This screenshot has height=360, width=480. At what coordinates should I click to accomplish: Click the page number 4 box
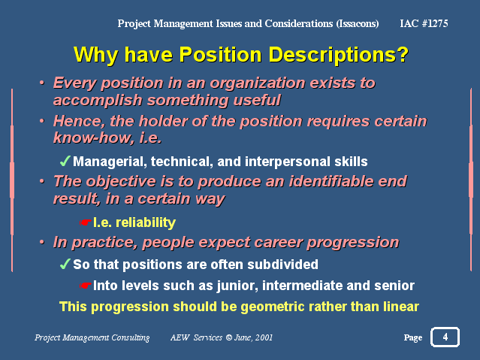point(445,337)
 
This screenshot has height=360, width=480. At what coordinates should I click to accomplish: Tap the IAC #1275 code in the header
point(424,23)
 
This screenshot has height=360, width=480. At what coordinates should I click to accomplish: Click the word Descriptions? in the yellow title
point(339,55)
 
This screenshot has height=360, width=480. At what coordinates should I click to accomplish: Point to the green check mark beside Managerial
point(65,161)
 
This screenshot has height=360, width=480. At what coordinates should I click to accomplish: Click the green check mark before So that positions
point(65,264)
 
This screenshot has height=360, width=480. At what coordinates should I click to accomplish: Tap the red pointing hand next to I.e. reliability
point(85,222)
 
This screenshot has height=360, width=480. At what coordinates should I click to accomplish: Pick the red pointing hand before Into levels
point(85,286)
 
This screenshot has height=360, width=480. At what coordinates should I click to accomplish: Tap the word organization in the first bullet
point(258,83)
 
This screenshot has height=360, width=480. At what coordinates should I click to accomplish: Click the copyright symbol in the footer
point(229,337)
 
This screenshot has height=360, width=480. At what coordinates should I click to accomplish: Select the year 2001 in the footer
point(264,337)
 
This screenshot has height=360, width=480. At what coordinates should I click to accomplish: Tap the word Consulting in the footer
point(131,337)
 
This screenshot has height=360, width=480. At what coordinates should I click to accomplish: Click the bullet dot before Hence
point(42,121)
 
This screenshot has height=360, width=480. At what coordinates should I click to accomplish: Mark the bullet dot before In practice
point(42,242)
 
